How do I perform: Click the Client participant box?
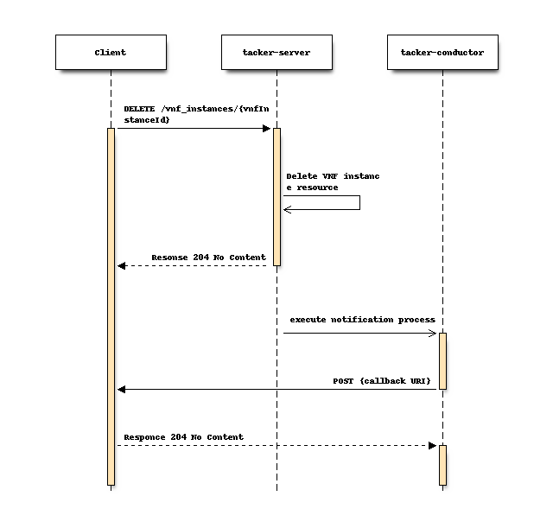click(111, 52)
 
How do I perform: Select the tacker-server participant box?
click(276, 52)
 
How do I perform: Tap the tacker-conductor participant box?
click(442, 52)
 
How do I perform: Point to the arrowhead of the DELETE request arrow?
click(267, 129)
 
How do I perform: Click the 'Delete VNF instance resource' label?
click(333, 181)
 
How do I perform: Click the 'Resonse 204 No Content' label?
click(208, 257)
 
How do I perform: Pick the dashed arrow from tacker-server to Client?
click(194, 265)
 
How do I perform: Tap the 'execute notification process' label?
click(362, 320)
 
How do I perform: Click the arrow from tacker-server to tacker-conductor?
click(359, 333)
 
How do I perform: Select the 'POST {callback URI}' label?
click(382, 380)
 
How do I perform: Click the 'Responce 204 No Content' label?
click(183, 436)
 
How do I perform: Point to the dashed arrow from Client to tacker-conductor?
click(276, 445)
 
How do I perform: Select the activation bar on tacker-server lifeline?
click(276, 197)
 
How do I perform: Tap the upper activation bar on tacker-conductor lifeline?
click(442, 360)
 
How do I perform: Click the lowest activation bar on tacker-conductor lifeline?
click(442, 465)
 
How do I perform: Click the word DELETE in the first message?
click(139, 109)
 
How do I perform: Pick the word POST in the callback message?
click(343, 380)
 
